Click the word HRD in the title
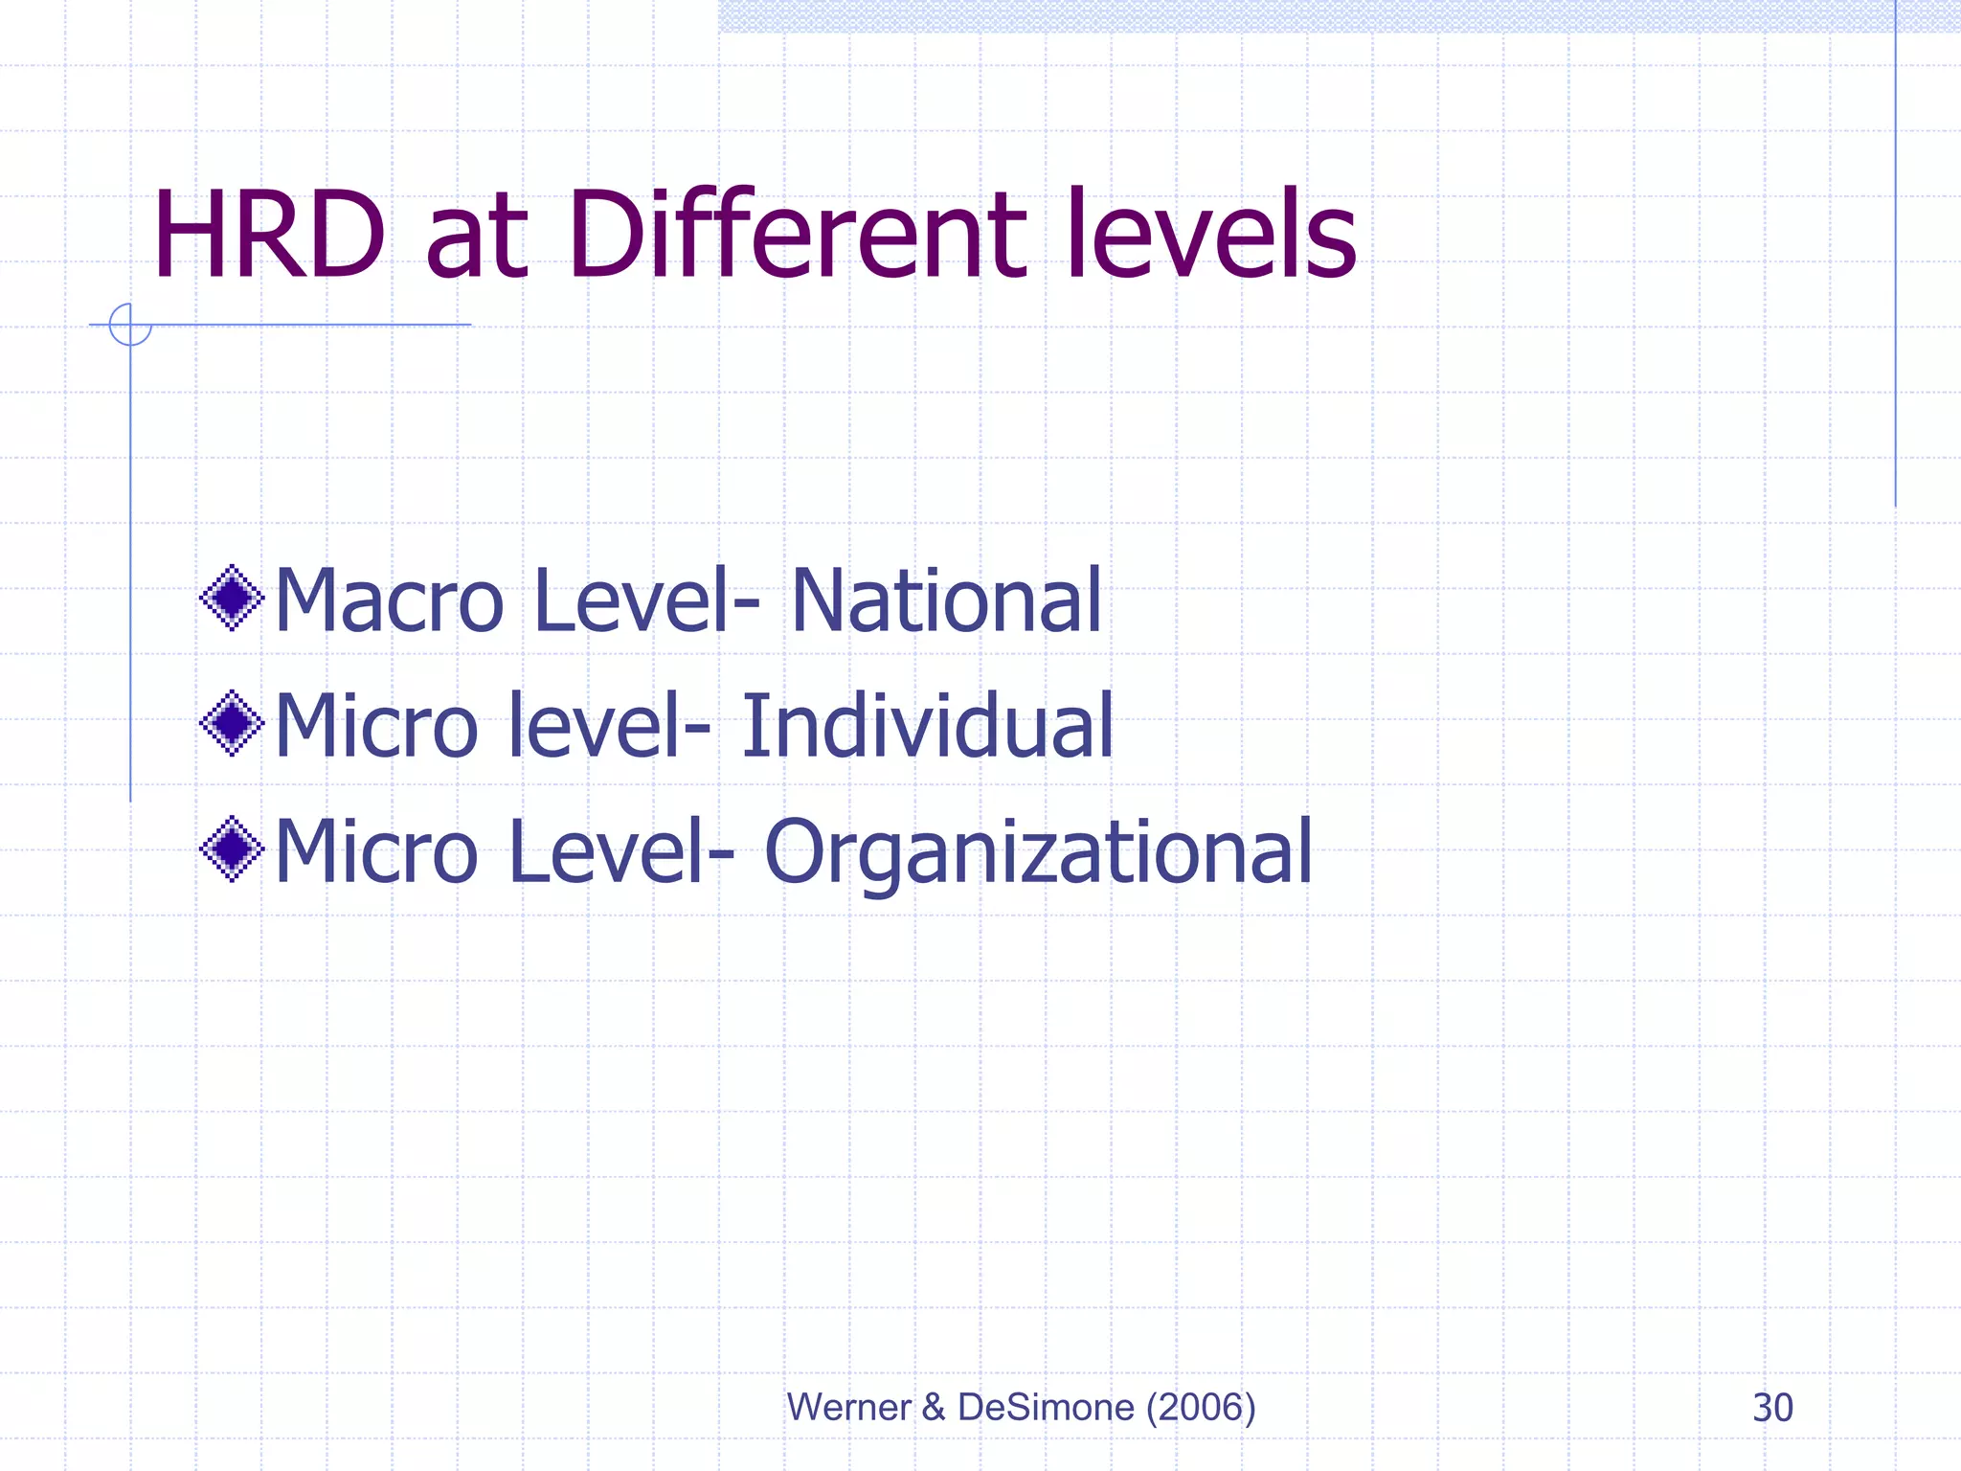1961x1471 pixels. pyautogui.click(x=268, y=236)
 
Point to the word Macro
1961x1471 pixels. pyautogui.click(x=389, y=601)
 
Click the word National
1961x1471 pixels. pyautogui.click(x=946, y=601)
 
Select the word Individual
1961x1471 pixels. pyautogui.click(x=927, y=726)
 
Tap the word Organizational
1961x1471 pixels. pyautogui.click(x=1038, y=852)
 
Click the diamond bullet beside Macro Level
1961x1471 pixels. pyautogui.click(x=232, y=599)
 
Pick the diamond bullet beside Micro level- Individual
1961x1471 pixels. pyautogui.click(x=232, y=723)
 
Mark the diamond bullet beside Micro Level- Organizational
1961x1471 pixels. pyautogui.click(x=232, y=849)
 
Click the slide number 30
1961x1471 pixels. pyautogui.click(x=1772, y=1408)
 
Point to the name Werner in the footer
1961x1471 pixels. pyautogui.click(x=848, y=1408)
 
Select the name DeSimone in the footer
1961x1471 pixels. pyautogui.click(x=1046, y=1408)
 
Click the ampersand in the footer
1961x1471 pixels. pyautogui.click(x=933, y=1408)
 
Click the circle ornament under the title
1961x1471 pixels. pyautogui.click(x=130, y=324)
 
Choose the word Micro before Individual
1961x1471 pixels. pyautogui.click(x=376, y=726)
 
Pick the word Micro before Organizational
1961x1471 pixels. pyautogui.click(x=376, y=852)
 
